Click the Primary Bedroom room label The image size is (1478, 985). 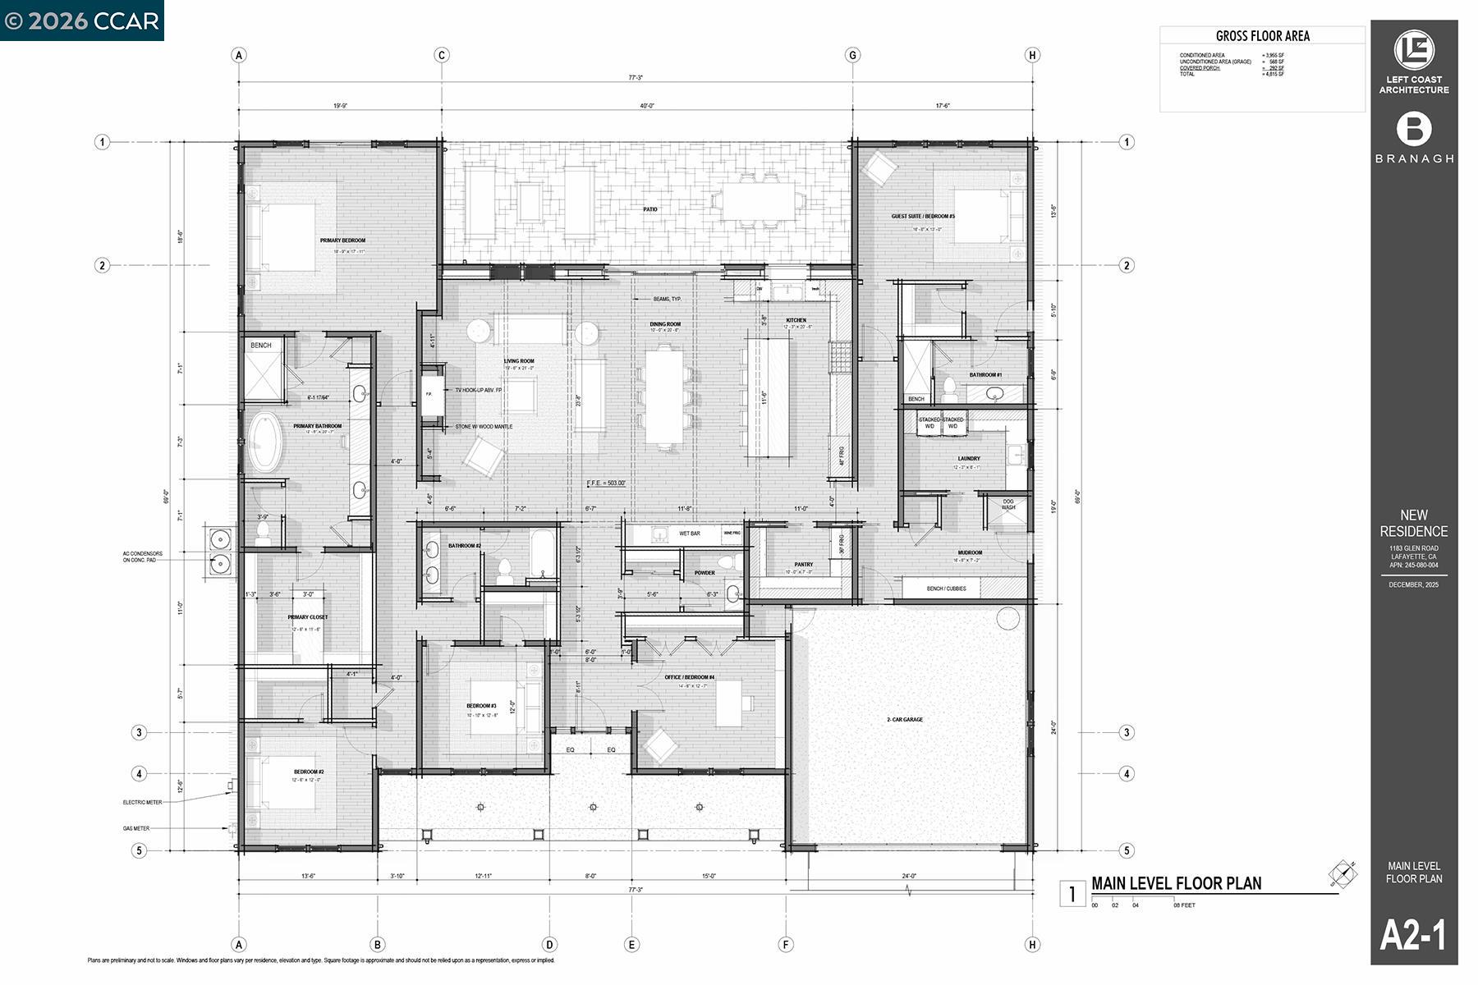click(342, 241)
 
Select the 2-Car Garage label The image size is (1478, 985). click(904, 720)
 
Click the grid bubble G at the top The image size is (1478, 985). click(852, 55)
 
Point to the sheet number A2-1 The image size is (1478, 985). click(1413, 935)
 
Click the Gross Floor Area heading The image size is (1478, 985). click(1262, 36)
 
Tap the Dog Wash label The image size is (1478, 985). click(1008, 505)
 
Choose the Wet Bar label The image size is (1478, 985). click(689, 534)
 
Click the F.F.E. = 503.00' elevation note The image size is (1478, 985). click(607, 483)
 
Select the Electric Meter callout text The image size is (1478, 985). click(142, 803)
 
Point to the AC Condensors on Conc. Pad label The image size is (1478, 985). click(142, 557)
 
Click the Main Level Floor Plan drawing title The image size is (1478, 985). click(1176, 883)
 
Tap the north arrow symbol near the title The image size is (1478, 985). click(1343, 875)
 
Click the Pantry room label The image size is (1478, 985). click(803, 565)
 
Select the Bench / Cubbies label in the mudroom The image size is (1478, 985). click(946, 589)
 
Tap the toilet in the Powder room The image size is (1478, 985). click(732, 594)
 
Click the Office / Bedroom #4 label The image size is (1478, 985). click(689, 677)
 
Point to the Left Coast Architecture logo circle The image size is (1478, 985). click(1414, 51)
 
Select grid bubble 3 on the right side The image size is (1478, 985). click(1127, 733)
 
